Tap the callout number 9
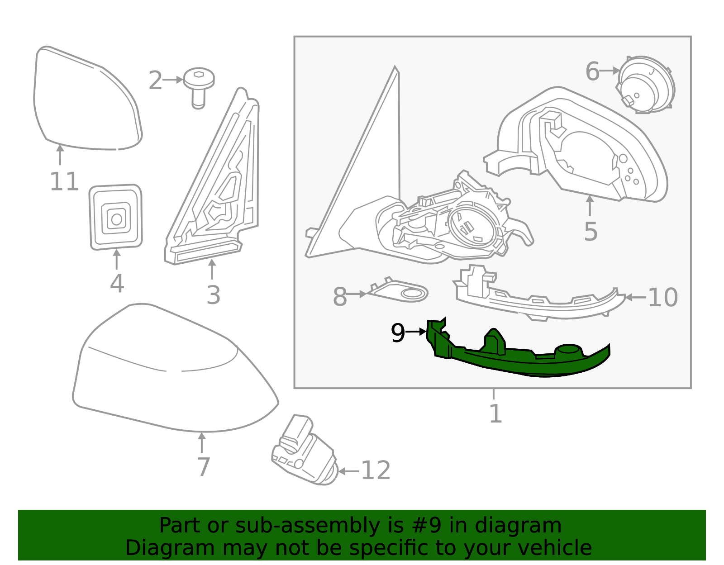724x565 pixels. [x=398, y=333]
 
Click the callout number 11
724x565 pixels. [x=64, y=182]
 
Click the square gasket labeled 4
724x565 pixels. [x=116, y=217]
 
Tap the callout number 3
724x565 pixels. [x=213, y=295]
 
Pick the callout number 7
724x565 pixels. [x=203, y=467]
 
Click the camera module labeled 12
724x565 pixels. [x=304, y=452]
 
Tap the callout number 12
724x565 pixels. [x=376, y=470]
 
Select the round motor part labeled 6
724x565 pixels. [x=646, y=85]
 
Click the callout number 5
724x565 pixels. [x=591, y=232]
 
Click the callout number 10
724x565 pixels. [x=663, y=298]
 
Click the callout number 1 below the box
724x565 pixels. [x=495, y=413]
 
